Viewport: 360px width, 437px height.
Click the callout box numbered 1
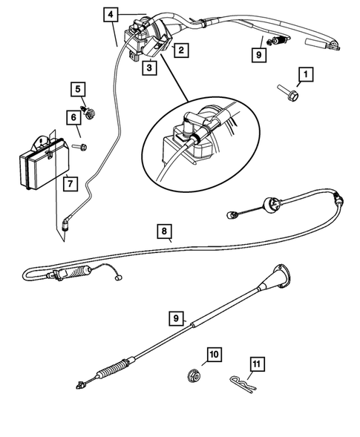click(x=306, y=74)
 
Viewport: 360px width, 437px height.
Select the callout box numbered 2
click(x=181, y=50)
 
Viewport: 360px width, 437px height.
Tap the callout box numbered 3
click(x=149, y=68)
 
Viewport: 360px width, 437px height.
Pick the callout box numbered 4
click(x=111, y=15)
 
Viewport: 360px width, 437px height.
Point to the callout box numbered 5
click(x=78, y=90)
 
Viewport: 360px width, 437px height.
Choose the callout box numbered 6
click(x=73, y=118)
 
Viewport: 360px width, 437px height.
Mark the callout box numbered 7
click(x=71, y=184)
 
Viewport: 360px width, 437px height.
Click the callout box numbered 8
click(x=164, y=231)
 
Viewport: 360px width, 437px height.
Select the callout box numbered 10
click(x=215, y=355)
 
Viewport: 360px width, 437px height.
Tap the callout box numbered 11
click(x=257, y=364)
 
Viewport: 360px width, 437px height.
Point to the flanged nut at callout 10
click(x=194, y=375)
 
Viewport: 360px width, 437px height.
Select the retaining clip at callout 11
click(x=243, y=383)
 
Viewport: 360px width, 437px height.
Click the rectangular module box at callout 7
click(x=45, y=162)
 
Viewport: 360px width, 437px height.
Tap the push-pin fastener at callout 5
click(x=88, y=112)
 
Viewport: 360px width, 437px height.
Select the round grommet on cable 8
click(x=272, y=206)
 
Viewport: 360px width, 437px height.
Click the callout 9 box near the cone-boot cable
click(x=176, y=319)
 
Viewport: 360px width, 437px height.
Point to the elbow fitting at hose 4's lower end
click(x=66, y=224)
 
